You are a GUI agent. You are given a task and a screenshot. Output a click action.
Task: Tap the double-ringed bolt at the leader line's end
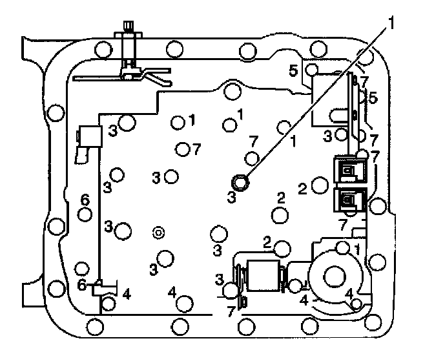[x=240, y=183]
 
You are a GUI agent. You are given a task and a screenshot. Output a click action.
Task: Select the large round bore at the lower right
[x=335, y=278]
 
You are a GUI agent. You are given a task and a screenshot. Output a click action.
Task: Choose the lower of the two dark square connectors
[x=349, y=202]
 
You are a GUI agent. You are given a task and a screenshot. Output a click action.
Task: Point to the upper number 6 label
[x=84, y=200]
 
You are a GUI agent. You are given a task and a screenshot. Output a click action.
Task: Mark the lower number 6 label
[x=81, y=284]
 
